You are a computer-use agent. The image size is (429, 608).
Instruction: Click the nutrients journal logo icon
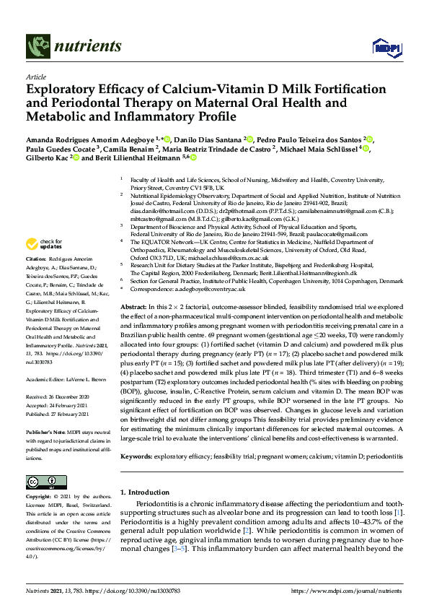coord(37,47)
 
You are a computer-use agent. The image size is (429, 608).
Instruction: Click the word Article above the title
coord(35,77)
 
